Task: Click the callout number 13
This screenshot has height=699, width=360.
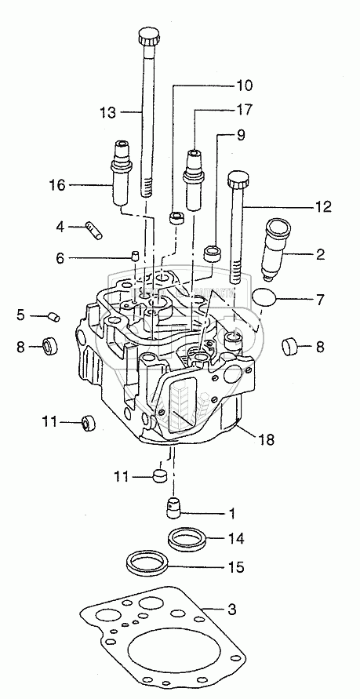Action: coord(108,112)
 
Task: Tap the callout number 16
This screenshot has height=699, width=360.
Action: coord(57,184)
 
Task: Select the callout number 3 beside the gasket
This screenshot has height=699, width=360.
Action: coord(231,609)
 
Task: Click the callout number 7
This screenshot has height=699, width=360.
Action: coord(321,300)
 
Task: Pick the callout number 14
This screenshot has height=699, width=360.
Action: coord(237,538)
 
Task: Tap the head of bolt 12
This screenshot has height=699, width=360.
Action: coord(238,179)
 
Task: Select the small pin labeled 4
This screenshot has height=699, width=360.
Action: coord(93,230)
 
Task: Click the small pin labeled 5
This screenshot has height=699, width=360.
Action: coord(53,317)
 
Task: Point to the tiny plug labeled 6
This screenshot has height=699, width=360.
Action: coord(135,256)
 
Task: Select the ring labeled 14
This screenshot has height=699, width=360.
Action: coord(187,540)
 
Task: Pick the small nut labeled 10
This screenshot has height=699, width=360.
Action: coord(176,218)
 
